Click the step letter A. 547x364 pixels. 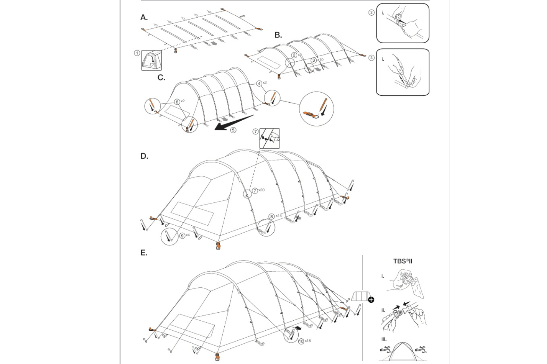tap(144, 18)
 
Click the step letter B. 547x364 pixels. tap(278, 35)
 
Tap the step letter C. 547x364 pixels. tap(161, 78)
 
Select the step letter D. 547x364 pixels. tap(144, 156)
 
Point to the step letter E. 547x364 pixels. tap(144, 253)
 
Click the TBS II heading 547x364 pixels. tap(403, 261)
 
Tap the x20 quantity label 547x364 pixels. tap(262, 190)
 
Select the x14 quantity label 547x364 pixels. tap(279, 216)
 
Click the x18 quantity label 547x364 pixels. tap(308, 341)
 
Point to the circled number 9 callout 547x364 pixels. tap(182, 236)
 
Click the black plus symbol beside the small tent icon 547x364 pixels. tap(371, 300)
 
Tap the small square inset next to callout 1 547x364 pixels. tap(151, 60)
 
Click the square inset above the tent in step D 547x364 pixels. tap(270, 138)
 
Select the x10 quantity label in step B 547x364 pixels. tap(320, 60)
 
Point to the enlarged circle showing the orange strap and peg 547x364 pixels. tap(316, 109)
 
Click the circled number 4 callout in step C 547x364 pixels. tap(259, 84)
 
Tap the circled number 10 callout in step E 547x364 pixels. tap(301, 341)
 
